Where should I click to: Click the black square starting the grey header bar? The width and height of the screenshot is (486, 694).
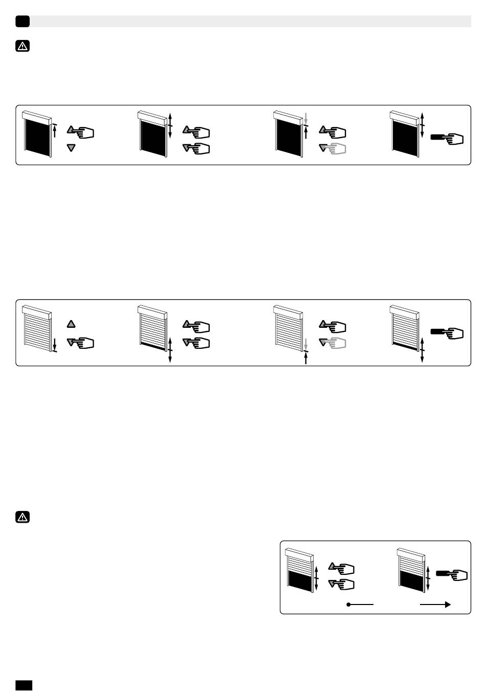tap(23, 21)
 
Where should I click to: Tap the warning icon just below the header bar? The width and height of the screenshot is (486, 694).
tap(23, 47)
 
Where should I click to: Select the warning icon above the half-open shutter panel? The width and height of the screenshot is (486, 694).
tap(23, 518)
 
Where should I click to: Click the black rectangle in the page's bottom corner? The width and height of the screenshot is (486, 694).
tap(24, 685)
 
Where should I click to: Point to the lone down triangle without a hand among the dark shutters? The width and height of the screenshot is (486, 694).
tap(71, 148)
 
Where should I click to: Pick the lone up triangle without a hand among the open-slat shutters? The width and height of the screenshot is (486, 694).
tap(71, 324)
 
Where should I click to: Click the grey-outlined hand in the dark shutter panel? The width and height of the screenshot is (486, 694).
tap(335, 148)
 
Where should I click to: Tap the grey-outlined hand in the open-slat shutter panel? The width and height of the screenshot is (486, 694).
tap(335, 343)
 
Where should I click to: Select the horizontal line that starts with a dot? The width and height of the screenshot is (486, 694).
tap(360, 605)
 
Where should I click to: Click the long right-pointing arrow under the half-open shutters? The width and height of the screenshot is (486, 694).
tap(435, 605)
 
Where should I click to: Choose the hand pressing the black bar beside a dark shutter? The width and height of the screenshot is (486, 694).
tap(448, 138)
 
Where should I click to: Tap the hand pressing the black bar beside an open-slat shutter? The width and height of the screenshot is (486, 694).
tap(448, 332)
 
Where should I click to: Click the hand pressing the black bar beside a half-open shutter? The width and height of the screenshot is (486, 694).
tap(452, 575)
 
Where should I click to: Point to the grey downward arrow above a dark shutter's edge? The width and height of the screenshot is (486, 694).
tap(305, 117)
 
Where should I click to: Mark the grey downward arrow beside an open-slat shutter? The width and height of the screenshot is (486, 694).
tap(305, 344)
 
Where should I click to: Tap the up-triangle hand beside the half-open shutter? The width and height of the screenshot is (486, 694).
tap(343, 568)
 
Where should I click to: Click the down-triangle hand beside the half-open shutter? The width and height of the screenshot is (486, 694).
tap(343, 584)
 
